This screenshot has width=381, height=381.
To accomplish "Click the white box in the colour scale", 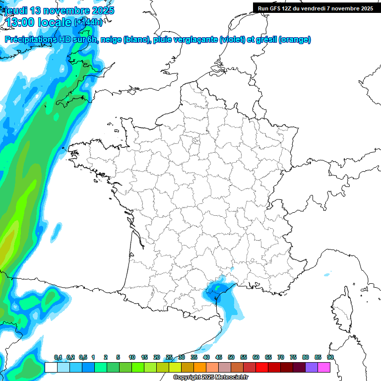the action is pyautogui.click(x=51, y=367).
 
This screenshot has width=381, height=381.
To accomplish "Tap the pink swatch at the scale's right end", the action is pyautogui.click(x=324, y=367).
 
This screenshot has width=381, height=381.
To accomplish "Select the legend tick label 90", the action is pyautogui.click(x=330, y=358).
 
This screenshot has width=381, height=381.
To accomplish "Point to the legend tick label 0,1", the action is pyautogui.click(x=58, y=358).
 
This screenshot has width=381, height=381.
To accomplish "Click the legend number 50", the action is pyautogui.click(x=231, y=358).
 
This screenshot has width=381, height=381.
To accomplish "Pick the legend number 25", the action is pyautogui.click(x=169, y=358).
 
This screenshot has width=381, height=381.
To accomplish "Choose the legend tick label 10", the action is pyautogui.click(x=132, y=358).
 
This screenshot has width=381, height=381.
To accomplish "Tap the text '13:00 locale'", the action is pyautogui.click(x=38, y=22).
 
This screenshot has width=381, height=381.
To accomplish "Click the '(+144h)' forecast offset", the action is pyautogui.click(x=88, y=22).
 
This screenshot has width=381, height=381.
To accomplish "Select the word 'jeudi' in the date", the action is pyautogui.click(x=16, y=10).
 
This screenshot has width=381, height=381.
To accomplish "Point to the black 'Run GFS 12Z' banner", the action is pyautogui.click(x=316, y=8).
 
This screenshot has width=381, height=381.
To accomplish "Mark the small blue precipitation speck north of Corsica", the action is pyautogui.click(x=327, y=274).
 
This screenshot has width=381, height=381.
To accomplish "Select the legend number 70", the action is pyautogui.click(x=281, y=358).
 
